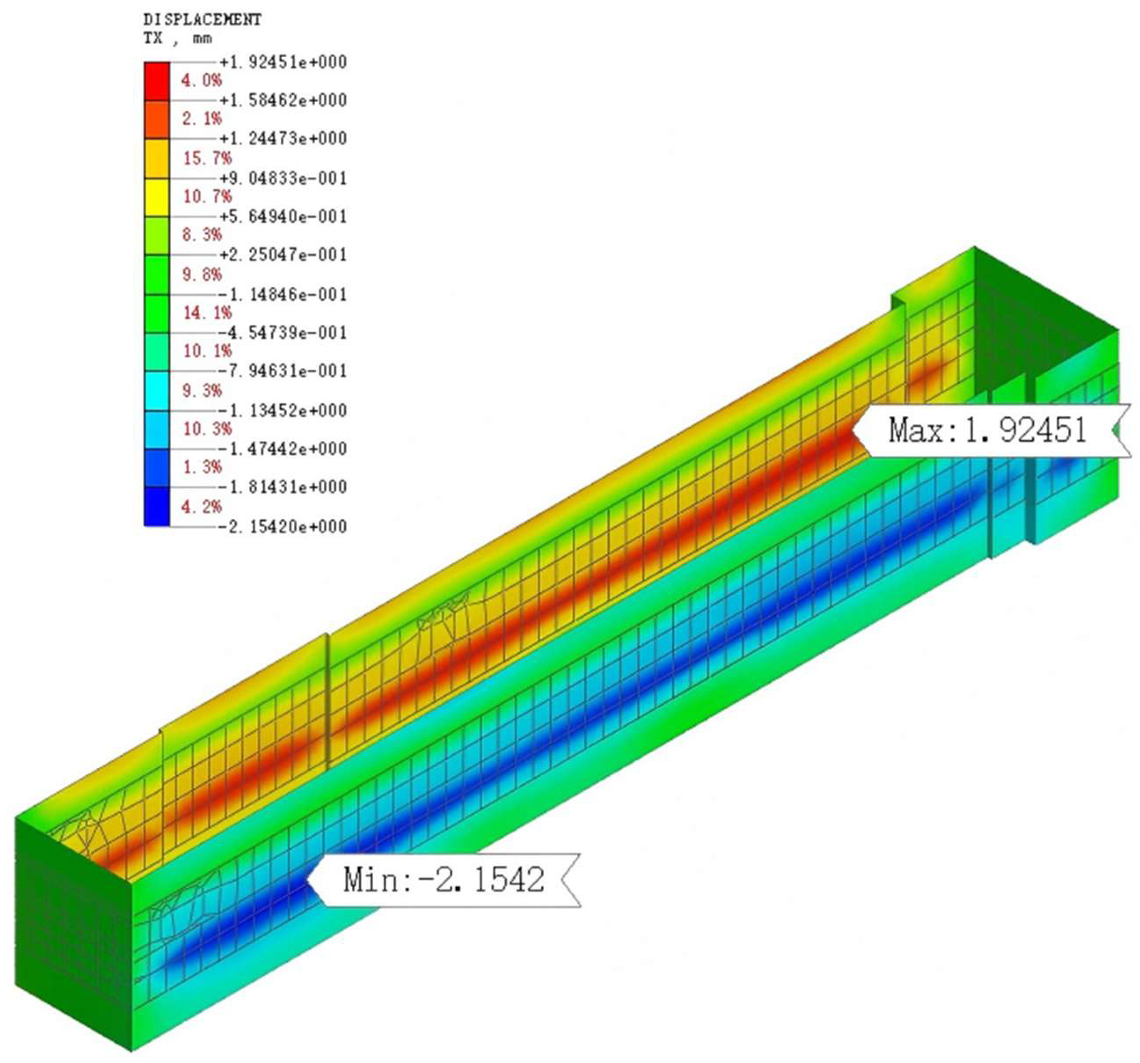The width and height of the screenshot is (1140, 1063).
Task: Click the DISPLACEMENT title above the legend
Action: (202, 20)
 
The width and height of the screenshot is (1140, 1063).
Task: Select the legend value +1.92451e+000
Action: (283, 62)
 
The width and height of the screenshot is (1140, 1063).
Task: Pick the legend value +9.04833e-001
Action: (283, 178)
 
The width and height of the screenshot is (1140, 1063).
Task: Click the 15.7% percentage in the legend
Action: (208, 158)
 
